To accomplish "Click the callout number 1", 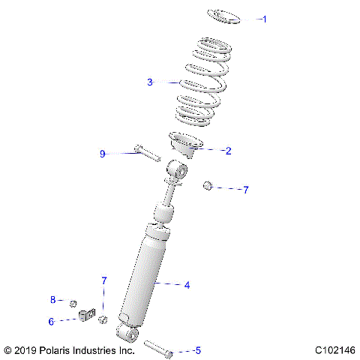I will point(264,19).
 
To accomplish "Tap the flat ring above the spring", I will point(223,16).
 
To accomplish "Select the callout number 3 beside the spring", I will point(150,82).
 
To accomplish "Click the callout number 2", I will point(228,151).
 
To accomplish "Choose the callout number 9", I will point(103,154).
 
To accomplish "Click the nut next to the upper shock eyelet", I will point(208,185).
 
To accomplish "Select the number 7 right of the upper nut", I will point(245,190).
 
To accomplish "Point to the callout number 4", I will point(187,285).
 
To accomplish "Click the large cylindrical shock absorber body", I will point(150,277).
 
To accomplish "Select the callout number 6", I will point(52,321).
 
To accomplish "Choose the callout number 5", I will point(198,350).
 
